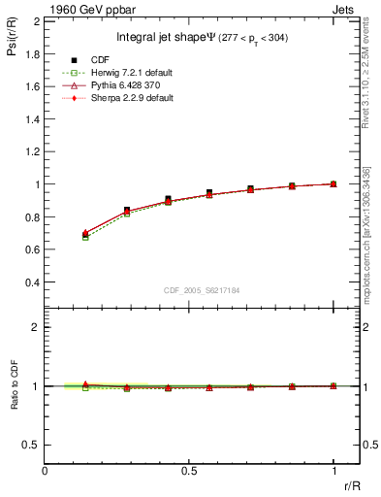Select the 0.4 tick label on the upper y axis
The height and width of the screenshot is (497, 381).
[31, 282]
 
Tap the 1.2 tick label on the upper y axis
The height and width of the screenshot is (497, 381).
[31, 151]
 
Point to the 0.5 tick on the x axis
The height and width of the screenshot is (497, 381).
[189, 470]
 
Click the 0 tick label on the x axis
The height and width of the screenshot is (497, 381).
[46, 470]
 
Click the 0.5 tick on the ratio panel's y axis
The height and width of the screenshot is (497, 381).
[31, 445]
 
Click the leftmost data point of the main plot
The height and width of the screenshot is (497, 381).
[85, 234]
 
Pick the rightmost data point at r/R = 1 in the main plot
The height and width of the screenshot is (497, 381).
[333, 183]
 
